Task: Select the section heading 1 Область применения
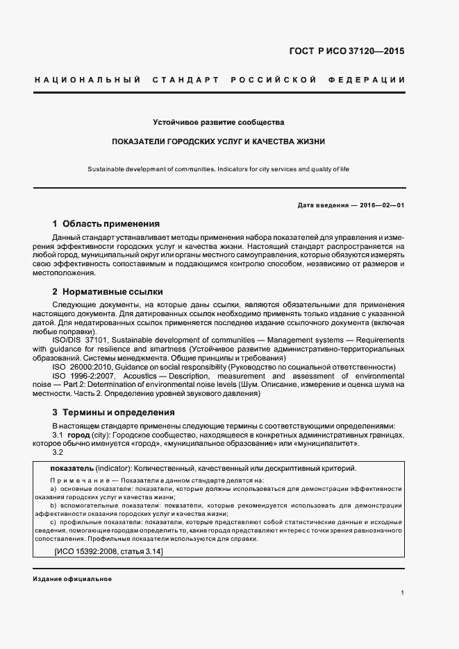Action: click(x=106, y=224)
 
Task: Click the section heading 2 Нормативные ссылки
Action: click(x=108, y=292)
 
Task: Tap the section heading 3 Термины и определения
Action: click(x=113, y=412)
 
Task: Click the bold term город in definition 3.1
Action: click(x=78, y=434)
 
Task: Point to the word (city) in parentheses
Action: click(x=101, y=434)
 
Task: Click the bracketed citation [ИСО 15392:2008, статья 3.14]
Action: click(x=108, y=551)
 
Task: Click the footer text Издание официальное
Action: click(x=72, y=579)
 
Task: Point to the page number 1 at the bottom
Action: click(x=403, y=593)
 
